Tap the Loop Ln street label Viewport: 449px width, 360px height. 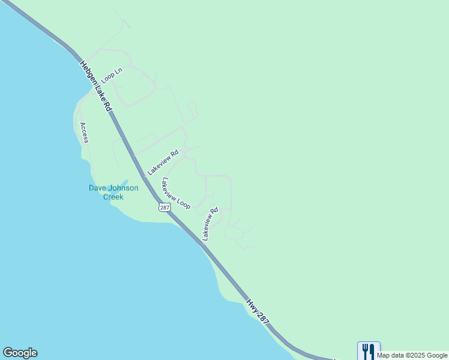[111, 75]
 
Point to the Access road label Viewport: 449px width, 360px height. [84, 133]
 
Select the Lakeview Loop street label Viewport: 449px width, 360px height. [175, 193]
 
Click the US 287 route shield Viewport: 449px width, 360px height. [164, 207]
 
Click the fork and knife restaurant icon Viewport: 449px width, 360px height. [369, 351]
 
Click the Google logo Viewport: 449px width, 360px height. [20, 353]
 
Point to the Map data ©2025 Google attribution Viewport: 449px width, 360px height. [412, 355]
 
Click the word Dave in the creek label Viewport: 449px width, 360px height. [98, 188]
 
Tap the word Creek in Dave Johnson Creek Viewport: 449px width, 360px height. [113, 197]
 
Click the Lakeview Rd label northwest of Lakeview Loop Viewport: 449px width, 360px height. [163, 162]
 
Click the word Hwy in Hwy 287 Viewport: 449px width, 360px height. [253, 305]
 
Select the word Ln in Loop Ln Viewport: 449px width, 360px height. [118, 71]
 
